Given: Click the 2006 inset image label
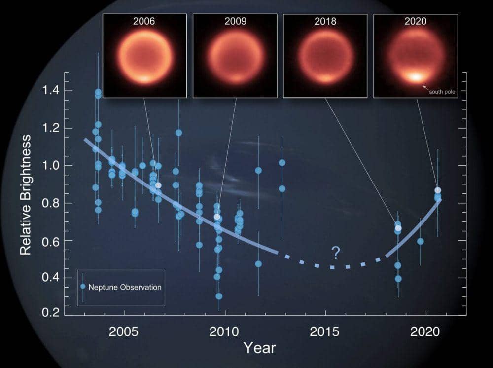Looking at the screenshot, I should pos(144,22).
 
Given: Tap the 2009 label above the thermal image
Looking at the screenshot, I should pos(235,22).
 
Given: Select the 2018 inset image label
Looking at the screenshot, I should pos(325,22).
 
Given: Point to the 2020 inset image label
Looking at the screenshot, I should pos(415,22).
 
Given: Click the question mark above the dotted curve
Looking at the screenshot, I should pos(335,254).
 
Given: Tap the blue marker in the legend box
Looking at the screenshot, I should pos(83,287).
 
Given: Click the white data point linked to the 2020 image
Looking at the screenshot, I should pos(437,190).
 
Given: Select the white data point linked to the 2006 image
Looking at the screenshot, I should pos(158,185).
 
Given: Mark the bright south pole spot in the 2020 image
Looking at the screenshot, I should pos(415,76).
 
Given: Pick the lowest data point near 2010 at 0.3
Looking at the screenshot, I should pos(219,296).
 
